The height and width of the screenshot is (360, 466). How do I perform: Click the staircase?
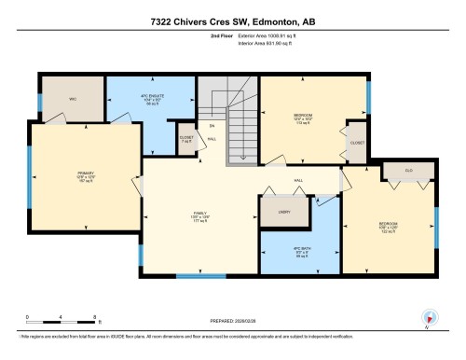click(x=226, y=117)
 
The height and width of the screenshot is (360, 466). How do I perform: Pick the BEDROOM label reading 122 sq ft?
click(x=389, y=226)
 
